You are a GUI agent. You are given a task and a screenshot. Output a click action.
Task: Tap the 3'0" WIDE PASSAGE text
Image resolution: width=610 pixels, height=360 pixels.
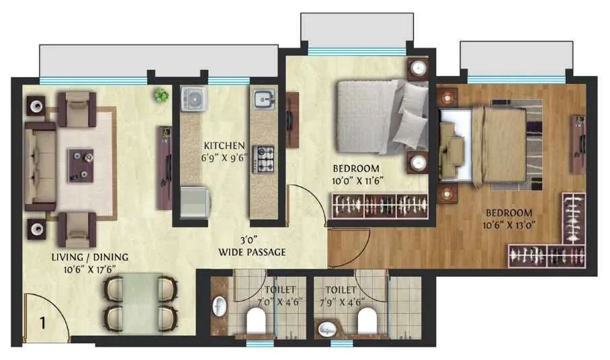point(252,246)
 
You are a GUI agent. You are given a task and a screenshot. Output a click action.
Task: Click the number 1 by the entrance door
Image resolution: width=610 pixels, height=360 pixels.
point(42,322)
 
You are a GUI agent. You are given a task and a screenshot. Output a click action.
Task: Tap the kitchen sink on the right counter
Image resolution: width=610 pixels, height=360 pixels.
point(263,99)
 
